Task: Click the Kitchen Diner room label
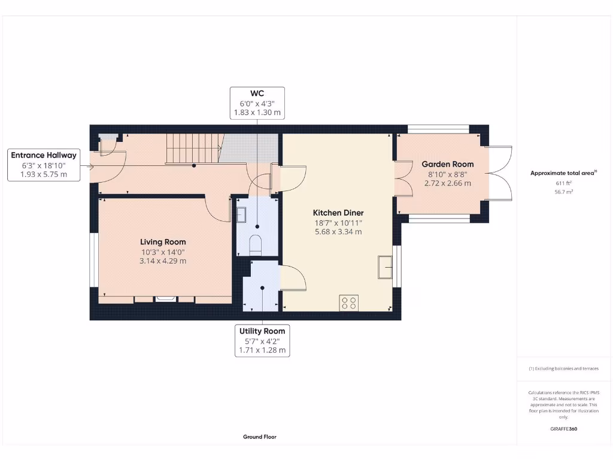[338, 213]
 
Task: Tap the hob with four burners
[348, 302]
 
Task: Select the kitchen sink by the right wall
[384, 267]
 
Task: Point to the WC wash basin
[241, 214]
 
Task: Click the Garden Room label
[447, 164]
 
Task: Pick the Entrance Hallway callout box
[44, 165]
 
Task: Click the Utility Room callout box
[262, 340]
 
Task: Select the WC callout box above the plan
[257, 103]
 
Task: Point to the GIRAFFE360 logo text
[563, 429]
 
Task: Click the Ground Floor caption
[260, 437]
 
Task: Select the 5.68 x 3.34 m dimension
[338, 232]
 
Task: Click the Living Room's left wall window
[93, 259]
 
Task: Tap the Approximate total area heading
[562, 173]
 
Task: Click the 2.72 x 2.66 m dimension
[447, 183]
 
